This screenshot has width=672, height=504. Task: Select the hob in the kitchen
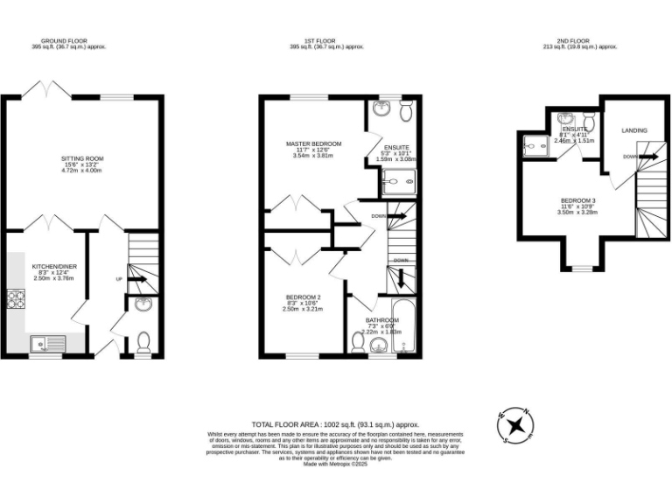point(15,300)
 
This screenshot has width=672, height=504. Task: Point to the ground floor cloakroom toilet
point(144,339)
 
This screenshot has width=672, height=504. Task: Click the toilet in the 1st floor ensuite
point(406,109)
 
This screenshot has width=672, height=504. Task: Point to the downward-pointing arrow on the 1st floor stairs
point(401,278)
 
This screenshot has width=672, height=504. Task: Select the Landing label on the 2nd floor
point(634,130)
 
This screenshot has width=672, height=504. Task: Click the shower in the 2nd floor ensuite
point(532,145)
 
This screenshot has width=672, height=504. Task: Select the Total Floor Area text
point(336,423)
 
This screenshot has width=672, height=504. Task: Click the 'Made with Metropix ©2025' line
point(336,464)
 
